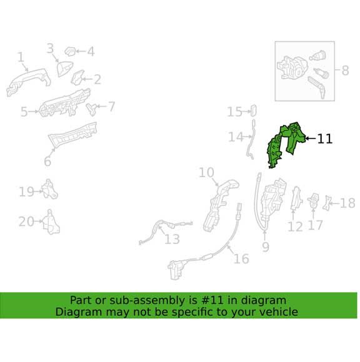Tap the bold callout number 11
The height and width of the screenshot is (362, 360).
point(325,139)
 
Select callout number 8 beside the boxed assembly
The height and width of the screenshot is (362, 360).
point(345,70)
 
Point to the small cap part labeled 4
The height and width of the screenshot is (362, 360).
point(69,51)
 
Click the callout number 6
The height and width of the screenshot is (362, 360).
point(47,161)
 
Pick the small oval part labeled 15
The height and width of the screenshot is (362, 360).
point(253,110)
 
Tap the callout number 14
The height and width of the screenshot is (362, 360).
point(236,137)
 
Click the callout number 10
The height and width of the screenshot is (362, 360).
point(207,173)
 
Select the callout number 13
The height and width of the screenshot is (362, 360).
point(172,239)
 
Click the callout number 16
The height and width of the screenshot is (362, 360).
point(241,258)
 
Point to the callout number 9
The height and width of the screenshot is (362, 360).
point(266,247)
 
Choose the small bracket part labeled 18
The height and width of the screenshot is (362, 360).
point(326,203)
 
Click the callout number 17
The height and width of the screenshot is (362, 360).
point(316,225)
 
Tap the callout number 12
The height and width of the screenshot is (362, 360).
point(295,227)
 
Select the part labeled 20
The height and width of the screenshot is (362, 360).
point(51,222)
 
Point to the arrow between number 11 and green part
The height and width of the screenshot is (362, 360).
point(311,139)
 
